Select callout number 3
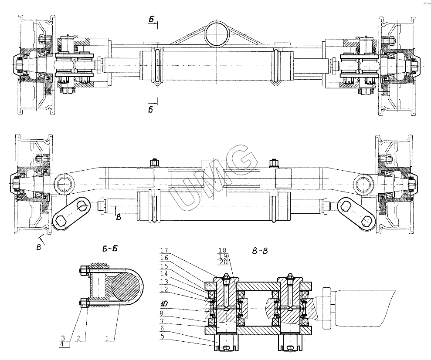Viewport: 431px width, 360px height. [x=64, y=337]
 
